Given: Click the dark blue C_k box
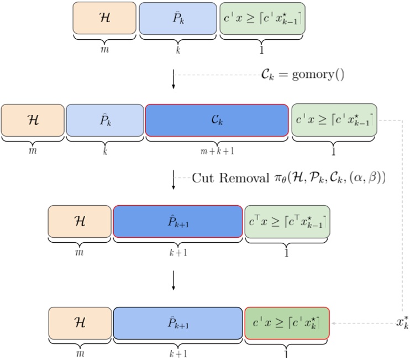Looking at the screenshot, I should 217,120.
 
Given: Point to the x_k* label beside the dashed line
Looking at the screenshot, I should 402,322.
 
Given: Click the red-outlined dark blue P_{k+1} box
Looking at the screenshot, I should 177,221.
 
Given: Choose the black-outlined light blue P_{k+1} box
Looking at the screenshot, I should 177,322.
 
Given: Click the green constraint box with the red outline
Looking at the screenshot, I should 287,322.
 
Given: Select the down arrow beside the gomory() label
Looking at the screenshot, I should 174,80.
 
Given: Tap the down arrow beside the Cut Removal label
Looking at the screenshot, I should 174,180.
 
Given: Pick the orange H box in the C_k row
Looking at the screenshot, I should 33,120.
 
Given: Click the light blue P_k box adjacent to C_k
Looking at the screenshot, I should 104,120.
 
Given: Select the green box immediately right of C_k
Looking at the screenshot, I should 334,120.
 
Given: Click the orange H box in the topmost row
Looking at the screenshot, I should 104,18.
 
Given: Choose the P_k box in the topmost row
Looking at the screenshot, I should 177,18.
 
